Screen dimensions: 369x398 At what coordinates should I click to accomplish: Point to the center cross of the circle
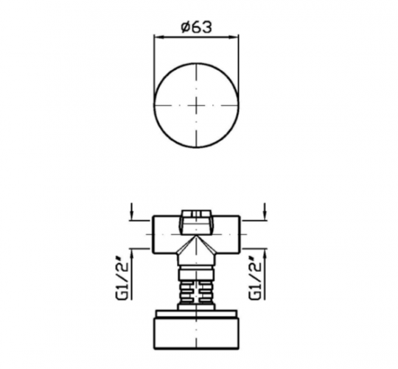(197, 105)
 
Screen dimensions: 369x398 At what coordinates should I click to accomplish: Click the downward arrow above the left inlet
(130, 213)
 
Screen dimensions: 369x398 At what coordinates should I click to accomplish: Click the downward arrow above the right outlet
(263, 213)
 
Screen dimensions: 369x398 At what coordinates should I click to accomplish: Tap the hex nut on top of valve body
(197, 218)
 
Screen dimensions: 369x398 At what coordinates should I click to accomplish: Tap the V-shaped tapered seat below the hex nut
(197, 247)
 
